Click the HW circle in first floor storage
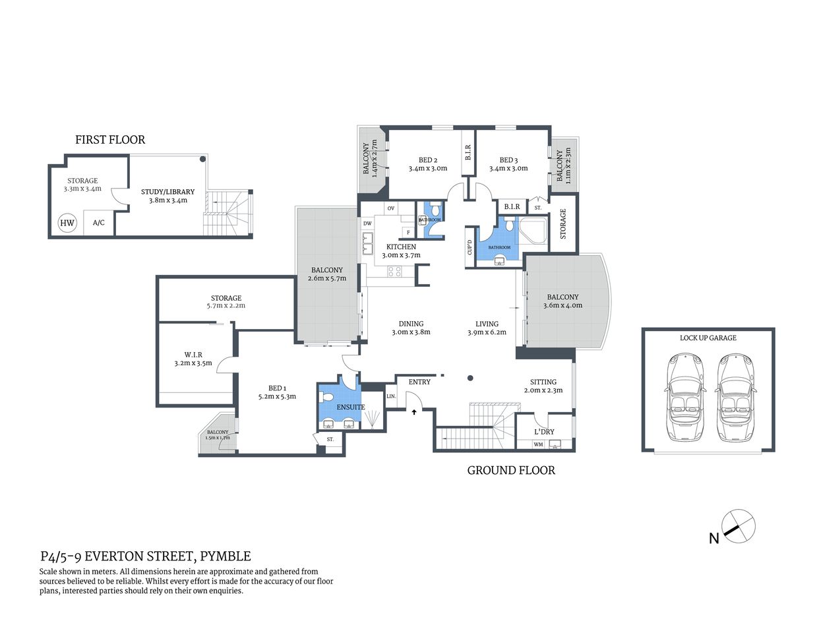(x=67, y=223)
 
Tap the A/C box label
(x=98, y=223)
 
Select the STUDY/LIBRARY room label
(x=167, y=192)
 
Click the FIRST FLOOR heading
(x=110, y=139)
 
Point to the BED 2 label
(x=427, y=160)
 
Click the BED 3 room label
(x=508, y=160)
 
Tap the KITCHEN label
(x=401, y=247)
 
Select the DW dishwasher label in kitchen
(x=367, y=224)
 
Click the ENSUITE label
(x=350, y=407)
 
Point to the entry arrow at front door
(x=414, y=412)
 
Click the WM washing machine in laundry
(x=538, y=444)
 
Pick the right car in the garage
(x=733, y=398)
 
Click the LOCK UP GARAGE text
(x=708, y=338)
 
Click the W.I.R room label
(x=193, y=355)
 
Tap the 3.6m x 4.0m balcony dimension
(x=562, y=305)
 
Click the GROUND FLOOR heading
(x=511, y=470)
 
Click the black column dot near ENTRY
(x=470, y=378)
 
